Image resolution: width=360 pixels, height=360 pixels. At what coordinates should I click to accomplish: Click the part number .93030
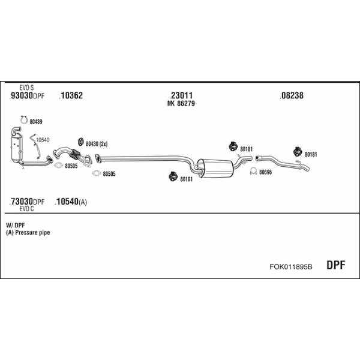coord(21,95)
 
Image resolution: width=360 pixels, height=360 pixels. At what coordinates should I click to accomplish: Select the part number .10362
coord(71,95)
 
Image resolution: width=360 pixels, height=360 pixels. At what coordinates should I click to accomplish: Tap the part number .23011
coord(181,95)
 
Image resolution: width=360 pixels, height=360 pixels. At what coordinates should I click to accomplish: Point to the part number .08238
coord(292,95)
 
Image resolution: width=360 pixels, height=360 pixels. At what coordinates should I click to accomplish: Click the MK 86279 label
coord(181,103)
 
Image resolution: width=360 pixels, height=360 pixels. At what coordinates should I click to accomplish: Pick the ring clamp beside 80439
coord(24,120)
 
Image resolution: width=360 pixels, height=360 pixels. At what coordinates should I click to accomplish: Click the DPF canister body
coord(17,147)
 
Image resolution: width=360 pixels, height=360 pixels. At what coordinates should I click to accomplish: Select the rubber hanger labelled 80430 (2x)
coord(80,142)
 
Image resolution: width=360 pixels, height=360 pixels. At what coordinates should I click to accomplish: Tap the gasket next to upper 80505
coord(59,165)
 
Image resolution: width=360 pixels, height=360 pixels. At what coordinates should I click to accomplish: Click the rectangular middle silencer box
coord(215,168)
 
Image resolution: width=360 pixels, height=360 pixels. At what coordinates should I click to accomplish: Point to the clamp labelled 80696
coord(253,171)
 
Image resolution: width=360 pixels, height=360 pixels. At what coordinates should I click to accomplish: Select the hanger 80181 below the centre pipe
coord(173,176)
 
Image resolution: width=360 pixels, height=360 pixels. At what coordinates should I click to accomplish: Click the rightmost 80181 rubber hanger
coord(298,152)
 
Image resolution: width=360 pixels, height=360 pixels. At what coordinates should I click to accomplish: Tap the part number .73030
coord(21,202)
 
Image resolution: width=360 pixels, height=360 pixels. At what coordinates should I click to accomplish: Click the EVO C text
coord(26,209)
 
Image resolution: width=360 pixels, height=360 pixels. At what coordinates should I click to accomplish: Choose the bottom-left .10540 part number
coord(67,202)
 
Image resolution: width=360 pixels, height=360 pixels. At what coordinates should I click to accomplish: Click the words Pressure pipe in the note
coord(32,233)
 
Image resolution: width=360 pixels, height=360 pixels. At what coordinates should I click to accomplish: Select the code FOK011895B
coord(290,267)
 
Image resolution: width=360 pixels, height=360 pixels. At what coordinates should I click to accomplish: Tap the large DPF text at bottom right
coord(335,265)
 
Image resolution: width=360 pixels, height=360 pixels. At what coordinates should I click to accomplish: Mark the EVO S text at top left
coord(26,88)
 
